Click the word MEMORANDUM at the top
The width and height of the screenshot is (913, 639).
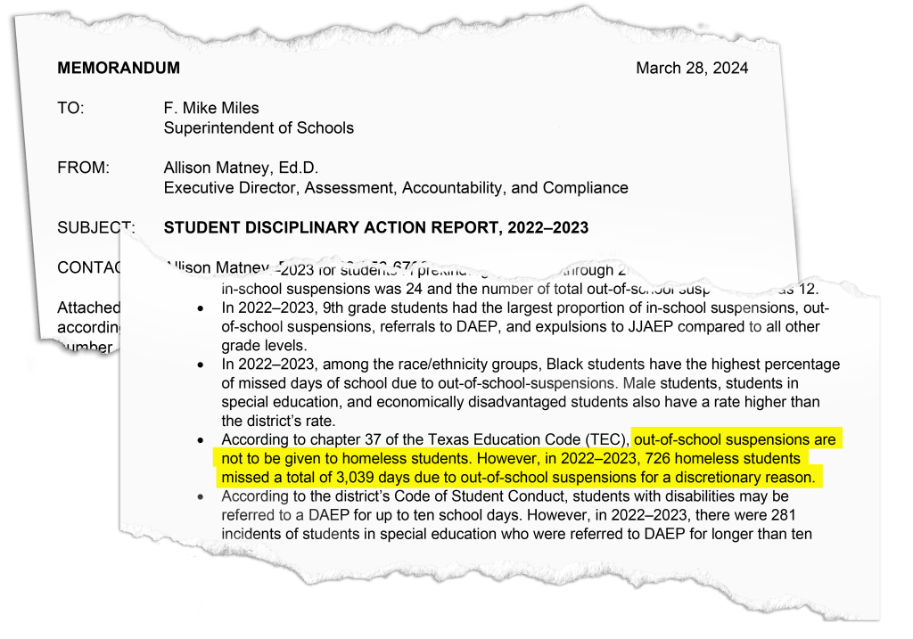point(119,68)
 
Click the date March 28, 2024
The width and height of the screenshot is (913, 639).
point(692,68)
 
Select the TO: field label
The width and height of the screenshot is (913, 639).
point(70,108)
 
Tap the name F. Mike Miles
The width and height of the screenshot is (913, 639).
point(211,108)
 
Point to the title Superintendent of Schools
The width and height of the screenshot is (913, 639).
point(259,127)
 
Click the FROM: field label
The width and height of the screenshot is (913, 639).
point(83,168)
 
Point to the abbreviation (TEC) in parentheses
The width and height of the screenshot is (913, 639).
point(609,439)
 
